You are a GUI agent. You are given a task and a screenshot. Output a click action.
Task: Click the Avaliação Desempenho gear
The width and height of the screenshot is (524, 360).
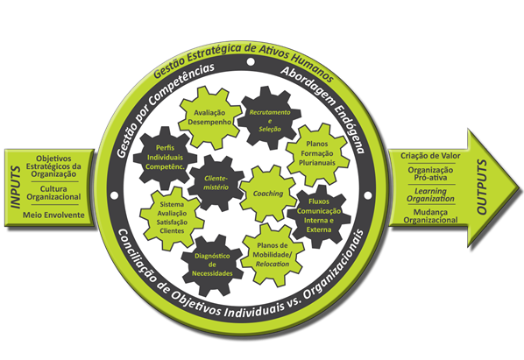tap(209, 117)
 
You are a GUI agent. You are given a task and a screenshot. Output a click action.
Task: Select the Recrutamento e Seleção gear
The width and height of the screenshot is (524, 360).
tap(269, 117)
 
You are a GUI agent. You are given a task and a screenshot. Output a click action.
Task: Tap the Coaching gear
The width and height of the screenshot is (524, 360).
tap(268, 194)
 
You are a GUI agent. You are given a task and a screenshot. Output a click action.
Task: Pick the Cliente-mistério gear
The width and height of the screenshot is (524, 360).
tap(216, 183)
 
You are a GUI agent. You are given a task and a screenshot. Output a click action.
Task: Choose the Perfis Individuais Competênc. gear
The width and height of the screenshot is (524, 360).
tap(165, 158)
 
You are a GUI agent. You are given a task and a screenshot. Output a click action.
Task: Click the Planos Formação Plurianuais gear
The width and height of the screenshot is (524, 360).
tap(317, 154)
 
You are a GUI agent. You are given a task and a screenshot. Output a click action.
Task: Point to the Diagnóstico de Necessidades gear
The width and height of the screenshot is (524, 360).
tap(213, 265)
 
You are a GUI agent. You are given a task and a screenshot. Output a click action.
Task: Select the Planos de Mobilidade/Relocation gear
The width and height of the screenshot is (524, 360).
tap(273, 255)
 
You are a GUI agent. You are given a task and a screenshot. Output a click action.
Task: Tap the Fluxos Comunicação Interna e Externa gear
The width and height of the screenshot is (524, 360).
tap(319, 216)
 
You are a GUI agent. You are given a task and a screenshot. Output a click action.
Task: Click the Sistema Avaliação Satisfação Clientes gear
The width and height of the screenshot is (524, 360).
tap(172, 218)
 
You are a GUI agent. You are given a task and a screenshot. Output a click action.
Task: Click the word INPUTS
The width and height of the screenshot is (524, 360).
tap(16, 187)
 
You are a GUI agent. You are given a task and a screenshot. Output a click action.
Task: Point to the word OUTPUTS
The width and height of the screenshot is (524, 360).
tap(482, 187)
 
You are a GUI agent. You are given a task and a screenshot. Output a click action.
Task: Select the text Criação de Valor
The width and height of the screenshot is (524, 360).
tap(430, 156)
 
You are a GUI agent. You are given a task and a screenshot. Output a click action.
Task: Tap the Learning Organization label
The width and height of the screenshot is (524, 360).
tap(430, 195)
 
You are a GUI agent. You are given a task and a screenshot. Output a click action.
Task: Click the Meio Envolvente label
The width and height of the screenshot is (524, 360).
tap(53, 215)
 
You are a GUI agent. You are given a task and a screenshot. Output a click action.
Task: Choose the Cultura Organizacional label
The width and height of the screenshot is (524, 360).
tap(53, 193)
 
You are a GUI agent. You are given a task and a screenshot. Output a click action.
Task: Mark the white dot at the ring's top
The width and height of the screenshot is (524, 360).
tap(251, 62)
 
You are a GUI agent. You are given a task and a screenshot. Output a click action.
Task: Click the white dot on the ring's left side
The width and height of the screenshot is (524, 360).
tap(114, 195)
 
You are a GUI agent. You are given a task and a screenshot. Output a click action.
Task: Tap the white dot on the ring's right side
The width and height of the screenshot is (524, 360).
tap(368, 195)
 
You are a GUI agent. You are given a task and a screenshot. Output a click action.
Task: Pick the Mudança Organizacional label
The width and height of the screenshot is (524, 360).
tap(430, 216)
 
